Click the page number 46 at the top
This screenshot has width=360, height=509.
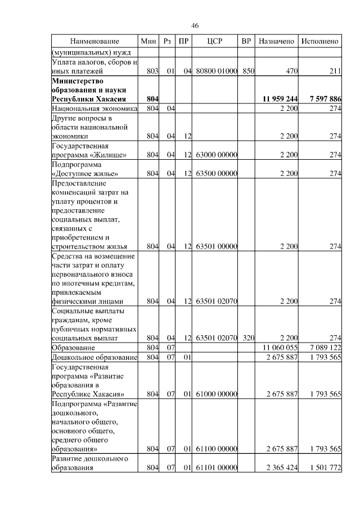pos(195,26)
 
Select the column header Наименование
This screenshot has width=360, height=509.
pos(94,42)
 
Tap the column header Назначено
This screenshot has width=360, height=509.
pos(276,42)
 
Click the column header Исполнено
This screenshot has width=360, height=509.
pos(320,42)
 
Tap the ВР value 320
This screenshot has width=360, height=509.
pos(248,338)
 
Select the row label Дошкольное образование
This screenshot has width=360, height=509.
pos(94,358)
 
